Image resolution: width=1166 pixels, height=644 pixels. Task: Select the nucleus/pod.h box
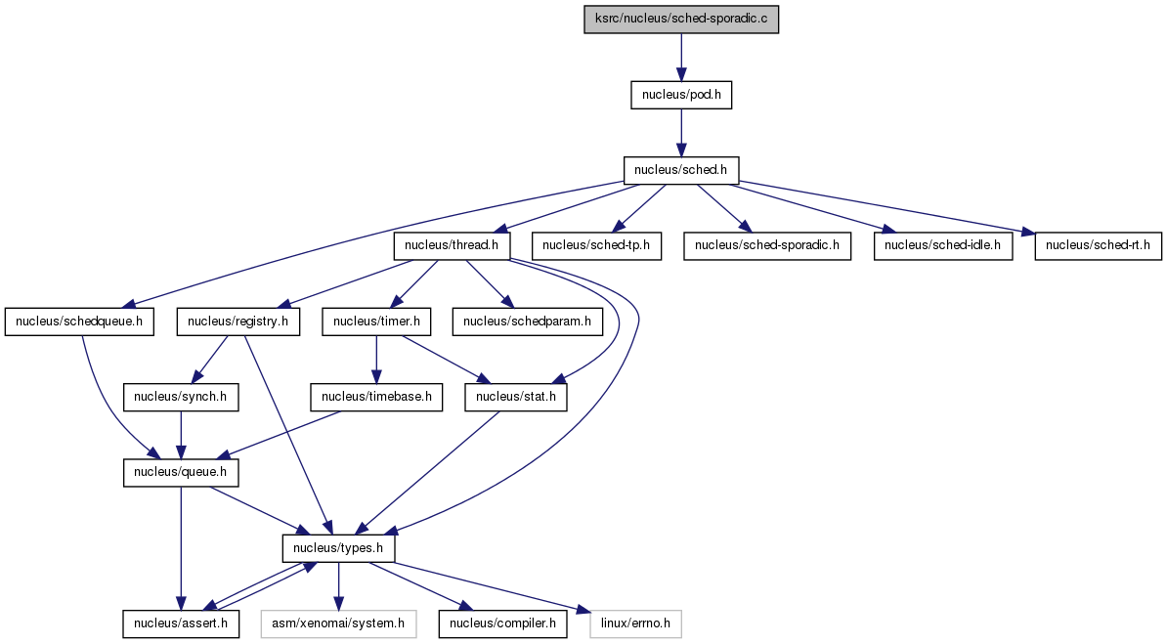point(681,95)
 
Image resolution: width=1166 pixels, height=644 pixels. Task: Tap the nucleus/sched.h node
point(681,170)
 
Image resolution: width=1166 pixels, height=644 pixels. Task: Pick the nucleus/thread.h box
point(453,245)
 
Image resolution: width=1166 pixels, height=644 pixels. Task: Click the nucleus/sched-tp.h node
point(596,245)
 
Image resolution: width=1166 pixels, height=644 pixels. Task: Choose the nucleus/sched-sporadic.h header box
point(767,245)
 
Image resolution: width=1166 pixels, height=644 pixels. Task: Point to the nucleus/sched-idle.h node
point(943,245)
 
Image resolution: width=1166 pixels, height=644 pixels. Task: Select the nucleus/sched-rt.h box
point(1099,245)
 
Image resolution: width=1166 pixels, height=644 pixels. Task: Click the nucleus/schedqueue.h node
point(79,322)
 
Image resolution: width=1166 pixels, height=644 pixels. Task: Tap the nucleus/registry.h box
point(238,322)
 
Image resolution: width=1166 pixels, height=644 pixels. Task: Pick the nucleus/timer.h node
point(376,322)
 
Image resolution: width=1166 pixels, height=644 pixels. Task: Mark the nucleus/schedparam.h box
point(527,322)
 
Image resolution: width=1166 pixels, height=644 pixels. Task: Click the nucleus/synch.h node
point(181,397)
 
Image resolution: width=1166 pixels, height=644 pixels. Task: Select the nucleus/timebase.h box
point(376,397)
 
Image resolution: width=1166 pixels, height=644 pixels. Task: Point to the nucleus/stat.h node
point(516,397)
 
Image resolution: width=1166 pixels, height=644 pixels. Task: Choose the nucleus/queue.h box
point(181,473)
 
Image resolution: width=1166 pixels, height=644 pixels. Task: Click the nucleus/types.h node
point(338,549)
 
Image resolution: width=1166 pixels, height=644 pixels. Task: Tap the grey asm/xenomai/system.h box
point(338,623)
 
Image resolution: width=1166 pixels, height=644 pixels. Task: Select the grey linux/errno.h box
point(636,623)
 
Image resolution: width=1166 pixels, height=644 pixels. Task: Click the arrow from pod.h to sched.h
point(681,133)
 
